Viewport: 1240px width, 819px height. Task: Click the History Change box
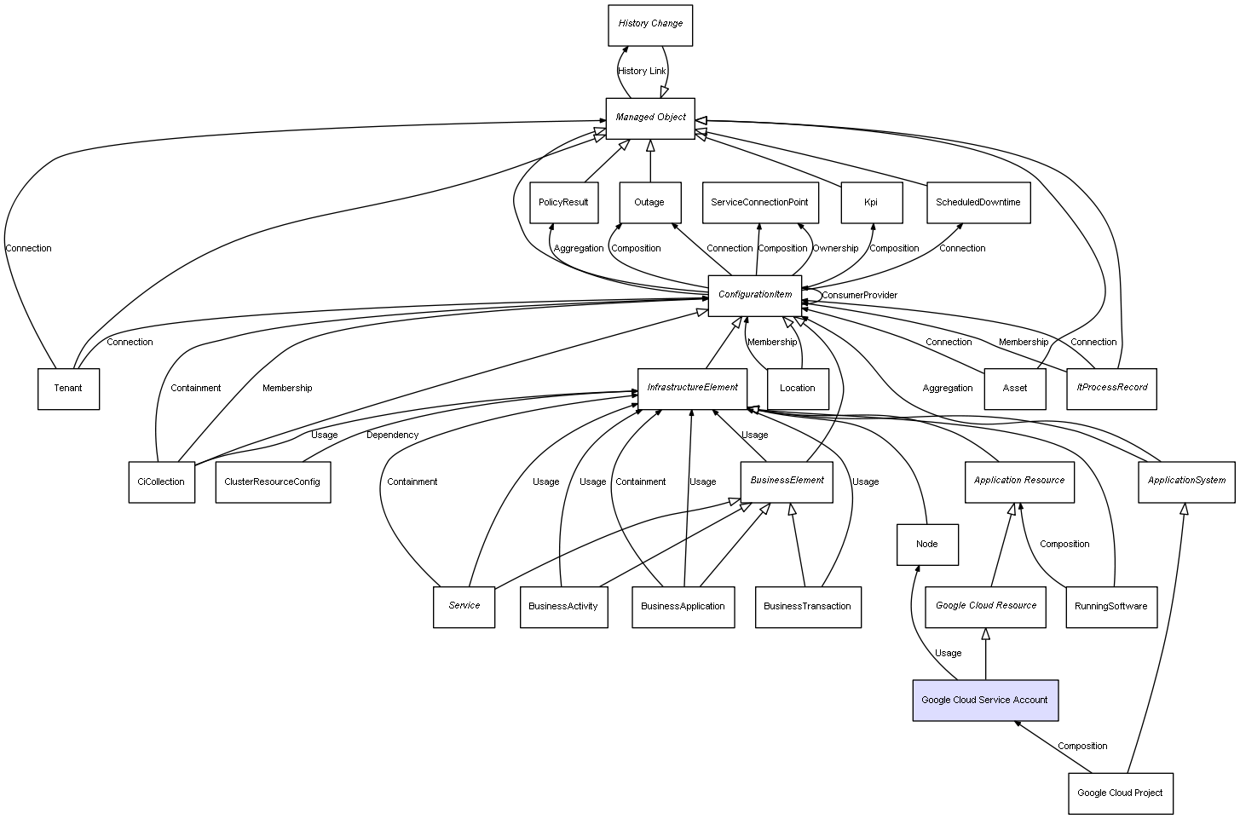point(650,25)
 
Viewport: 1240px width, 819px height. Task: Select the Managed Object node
point(650,118)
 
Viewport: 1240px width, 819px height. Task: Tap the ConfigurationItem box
point(755,295)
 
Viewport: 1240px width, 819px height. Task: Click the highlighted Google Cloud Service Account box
point(985,700)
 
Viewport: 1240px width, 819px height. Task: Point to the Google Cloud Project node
point(1120,793)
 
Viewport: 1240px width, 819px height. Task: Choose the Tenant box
point(68,389)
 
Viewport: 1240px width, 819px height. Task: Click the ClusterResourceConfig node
point(273,482)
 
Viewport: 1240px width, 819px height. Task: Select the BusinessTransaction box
point(807,607)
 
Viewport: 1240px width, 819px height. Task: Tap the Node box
point(927,545)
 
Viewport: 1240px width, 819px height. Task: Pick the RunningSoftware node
point(1111,607)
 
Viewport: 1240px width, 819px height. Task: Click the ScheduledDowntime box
point(978,203)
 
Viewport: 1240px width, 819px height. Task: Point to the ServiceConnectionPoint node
point(759,203)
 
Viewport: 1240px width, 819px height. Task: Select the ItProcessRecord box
point(1111,388)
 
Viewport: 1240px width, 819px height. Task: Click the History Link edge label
point(642,72)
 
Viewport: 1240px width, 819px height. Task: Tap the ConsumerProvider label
point(859,296)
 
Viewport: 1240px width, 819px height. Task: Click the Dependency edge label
point(392,435)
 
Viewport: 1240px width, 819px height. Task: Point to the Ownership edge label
point(835,249)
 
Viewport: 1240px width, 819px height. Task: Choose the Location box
point(798,389)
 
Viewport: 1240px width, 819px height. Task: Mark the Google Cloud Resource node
point(985,606)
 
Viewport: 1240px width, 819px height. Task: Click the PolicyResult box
point(563,203)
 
